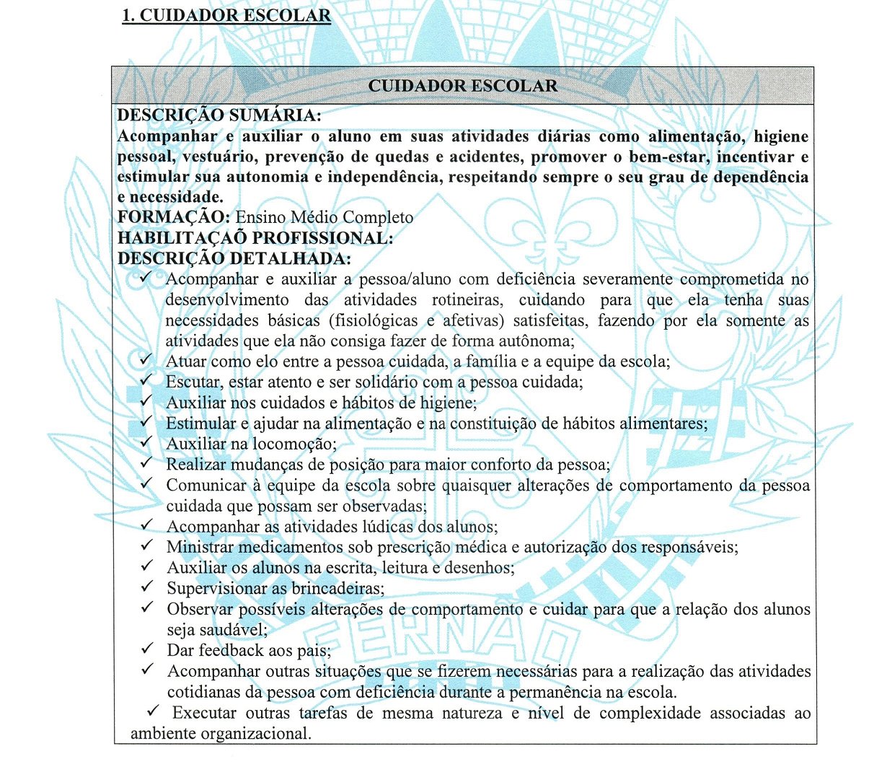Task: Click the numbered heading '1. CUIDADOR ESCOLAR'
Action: click(x=226, y=16)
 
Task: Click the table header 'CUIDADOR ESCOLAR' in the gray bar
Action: click(x=462, y=86)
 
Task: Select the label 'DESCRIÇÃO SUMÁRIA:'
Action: click(x=219, y=115)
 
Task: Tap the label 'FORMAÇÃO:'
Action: click(x=174, y=218)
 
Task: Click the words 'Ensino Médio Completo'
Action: click(x=325, y=218)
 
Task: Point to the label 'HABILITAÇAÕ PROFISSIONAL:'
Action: click(x=255, y=238)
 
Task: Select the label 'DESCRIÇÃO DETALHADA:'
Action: click(x=234, y=258)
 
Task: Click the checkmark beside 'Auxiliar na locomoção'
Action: click(x=146, y=442)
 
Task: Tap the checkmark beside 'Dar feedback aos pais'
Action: click(x=147, y=649)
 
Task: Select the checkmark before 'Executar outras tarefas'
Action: click(x=153, y=711)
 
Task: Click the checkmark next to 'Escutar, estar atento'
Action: click(x=146, y=380)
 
